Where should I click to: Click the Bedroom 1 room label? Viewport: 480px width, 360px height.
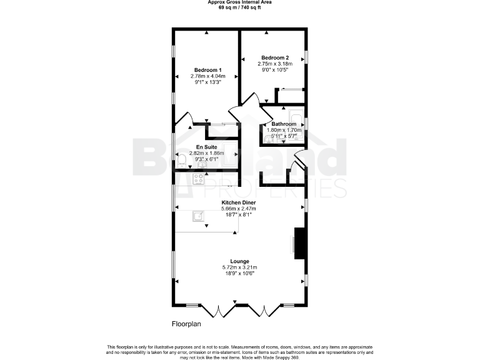207,69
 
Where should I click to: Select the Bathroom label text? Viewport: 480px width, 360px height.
283,124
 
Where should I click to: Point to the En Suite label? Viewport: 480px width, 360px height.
207,147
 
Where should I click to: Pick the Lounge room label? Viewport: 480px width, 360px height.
239,261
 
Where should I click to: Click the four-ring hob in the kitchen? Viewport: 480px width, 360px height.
199,179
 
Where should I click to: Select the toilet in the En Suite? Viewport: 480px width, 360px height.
181,162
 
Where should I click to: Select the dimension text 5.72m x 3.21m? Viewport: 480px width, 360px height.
239,267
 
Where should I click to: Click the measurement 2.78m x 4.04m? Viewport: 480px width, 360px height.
207,76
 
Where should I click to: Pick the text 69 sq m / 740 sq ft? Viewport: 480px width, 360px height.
239,7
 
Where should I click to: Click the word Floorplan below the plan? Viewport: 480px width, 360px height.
187,324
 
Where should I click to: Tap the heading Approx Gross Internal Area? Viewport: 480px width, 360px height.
239,2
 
